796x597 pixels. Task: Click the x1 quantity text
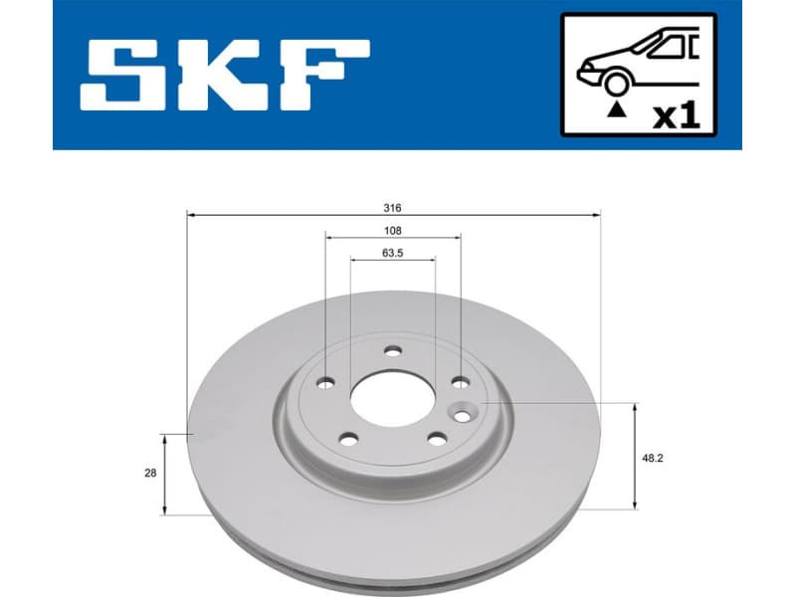(677, 114)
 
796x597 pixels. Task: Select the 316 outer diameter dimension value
(392, 208)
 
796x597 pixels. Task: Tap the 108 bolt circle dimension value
(392, 230)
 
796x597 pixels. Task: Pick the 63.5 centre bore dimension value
(392, 253)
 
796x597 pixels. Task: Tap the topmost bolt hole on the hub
(392, 350)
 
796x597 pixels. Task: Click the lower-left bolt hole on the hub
(347, 437)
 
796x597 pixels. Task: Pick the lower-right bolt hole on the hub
(435, 437)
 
